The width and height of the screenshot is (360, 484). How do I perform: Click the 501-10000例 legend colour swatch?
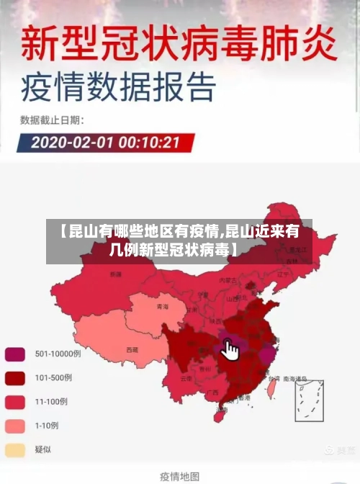tap(15, 354)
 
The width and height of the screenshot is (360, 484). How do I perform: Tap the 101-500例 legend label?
tap(53, 377)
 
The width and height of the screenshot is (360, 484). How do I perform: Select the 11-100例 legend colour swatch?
tap(15, 401)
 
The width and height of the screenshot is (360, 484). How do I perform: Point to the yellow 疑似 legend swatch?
tap(15, 449)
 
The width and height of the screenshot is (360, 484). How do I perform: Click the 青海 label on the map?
tap(163, 307)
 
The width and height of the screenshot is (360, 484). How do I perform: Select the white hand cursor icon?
tap(230, 350)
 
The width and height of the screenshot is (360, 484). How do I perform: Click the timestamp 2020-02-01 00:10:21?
tap(105, 142)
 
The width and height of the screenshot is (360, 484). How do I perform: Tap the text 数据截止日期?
tap(51, 120)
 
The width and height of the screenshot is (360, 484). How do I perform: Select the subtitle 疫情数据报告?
tap(119, 89)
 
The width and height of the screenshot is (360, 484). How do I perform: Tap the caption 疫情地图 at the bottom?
tap(179, 476)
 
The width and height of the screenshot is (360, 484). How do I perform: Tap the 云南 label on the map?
tap(186, 377)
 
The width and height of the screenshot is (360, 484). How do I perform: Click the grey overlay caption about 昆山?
tap(179, 241)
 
